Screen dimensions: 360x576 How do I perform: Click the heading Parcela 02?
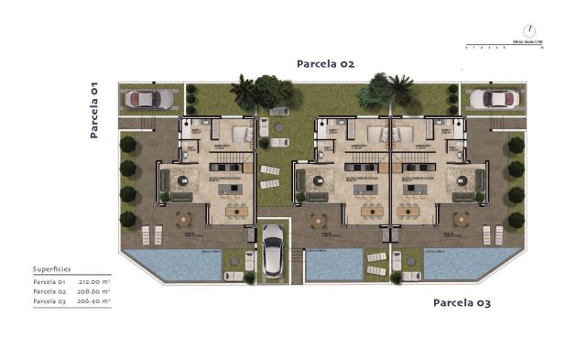point(324,64)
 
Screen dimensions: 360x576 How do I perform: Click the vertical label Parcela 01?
point(94,109)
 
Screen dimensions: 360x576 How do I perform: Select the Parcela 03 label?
point(462,301)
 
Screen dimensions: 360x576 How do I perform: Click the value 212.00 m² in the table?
point(94,282)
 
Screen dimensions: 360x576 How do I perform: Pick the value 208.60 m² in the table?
point(94,291)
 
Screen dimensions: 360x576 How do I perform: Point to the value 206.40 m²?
point(94,300)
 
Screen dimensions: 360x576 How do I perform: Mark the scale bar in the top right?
point(504,45)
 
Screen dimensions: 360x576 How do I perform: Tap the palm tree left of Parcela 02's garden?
point(244,90)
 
